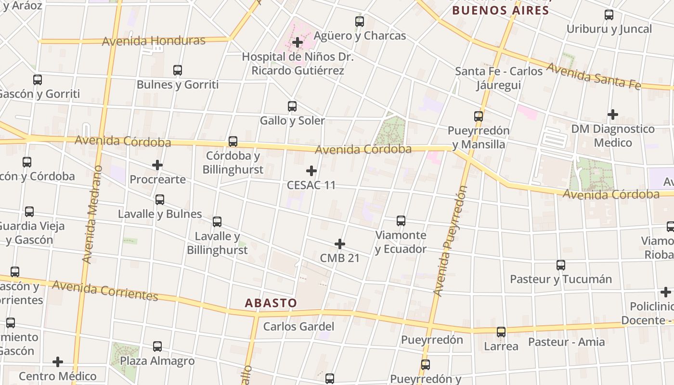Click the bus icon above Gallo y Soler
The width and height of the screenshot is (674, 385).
click(x=292, y=106)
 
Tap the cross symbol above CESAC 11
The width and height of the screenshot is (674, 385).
click(x=311, y=171)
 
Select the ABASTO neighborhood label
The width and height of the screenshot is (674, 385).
click(x=271, y=303)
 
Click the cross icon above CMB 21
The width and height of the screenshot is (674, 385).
click(x=340, y=244)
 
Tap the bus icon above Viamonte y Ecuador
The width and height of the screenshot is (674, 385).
click(x=401, y=221)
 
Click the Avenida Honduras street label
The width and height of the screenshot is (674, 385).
click(x=154, y=41)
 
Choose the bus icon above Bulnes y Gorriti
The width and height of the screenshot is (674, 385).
click(x=178, y=70)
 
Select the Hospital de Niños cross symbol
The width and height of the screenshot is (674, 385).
click(x=298, y=42)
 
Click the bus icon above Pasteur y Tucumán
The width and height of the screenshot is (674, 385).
click(x=561, y=265)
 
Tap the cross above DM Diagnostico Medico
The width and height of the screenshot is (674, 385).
click(x=612, y=115)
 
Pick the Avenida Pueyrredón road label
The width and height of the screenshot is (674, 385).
click(x=450, y=241)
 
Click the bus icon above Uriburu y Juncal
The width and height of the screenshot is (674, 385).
click(x=609, y=15)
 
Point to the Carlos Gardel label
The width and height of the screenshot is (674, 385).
click(x=298, y=326)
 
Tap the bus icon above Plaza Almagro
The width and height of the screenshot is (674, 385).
click(x=157, y=346)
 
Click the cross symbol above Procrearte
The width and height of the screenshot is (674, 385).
click(x=157, y=165)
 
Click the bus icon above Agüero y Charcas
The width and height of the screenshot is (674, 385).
click(x=360, y=22)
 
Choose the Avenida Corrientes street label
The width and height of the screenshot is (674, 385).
click(x=105, y=291)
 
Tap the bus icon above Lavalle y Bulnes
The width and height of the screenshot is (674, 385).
click(x=160, y=200)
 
